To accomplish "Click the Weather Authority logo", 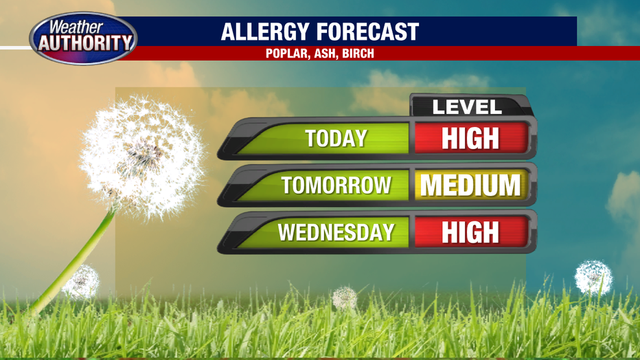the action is [x=83, y=38].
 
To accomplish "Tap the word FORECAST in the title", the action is [x=368, y=32].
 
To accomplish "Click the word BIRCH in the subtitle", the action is [x=358, y=54].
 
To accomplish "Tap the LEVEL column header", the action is [x=466, y=107].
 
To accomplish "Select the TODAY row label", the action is [x=336, y=138].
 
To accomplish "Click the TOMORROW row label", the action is [x=336, y=185].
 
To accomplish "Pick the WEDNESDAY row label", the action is [x=336, y=232].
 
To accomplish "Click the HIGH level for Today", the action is [x=470, y=138].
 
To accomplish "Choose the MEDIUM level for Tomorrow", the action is [x=470, y=185].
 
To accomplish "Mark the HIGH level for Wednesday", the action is [x=470, y=232].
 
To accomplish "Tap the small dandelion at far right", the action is [x=593, y=278].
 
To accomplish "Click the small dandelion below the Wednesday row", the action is [x=345, y=298].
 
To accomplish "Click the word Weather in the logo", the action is [x=76, y=27].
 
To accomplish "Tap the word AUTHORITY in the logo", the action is [x=85, y=43].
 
